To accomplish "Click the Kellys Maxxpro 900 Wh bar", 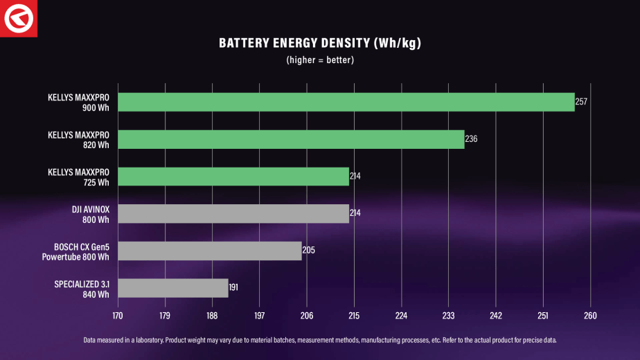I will [346, 102].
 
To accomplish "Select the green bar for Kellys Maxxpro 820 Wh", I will [291, 139].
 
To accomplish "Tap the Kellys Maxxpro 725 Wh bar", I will [233, 177].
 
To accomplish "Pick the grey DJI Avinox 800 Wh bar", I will [233, 214].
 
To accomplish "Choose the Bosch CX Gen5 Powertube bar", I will [210, 251].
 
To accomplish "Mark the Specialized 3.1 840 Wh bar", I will [173, 288].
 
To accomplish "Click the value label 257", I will [581, 102].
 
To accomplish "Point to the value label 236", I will [471, 139].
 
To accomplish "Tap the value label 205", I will [308, 251].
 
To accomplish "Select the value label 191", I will [234, 288].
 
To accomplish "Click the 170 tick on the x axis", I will [118, 316].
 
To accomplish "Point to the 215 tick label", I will [354, 316].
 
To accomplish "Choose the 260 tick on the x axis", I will [590, 316].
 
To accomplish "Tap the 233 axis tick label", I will [448, 316].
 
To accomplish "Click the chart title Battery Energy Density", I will [320, 44].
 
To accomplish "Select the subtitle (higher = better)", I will [320, 60].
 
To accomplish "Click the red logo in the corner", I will [18, 18].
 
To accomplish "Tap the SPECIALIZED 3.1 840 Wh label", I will [82, 288].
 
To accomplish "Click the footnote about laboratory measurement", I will [320, 340].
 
